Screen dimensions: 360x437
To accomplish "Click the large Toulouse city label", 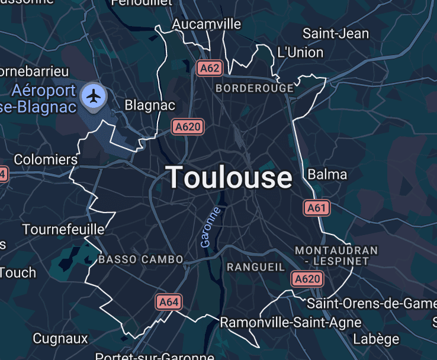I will (x=229, y=177).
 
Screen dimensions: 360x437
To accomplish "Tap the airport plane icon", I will (x=94, y=95).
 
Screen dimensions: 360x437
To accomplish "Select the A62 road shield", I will (x=210, y=68).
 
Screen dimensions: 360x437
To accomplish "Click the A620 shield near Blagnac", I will (x=188, y=126).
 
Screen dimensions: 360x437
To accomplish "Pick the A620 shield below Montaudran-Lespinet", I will (x=307, y=279).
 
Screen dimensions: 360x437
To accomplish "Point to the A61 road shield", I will (x=317, y=208).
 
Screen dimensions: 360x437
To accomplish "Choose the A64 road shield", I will (x=169, y=302).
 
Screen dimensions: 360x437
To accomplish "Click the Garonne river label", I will (x=210, y=227).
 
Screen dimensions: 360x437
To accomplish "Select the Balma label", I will (x=327, y=175).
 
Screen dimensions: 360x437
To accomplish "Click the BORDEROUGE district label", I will (x=255, y=88).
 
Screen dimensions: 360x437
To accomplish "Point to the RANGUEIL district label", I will (x=256, y=267).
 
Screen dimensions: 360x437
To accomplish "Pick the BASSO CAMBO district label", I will (x=141, y=259).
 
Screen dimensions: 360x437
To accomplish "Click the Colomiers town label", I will (x=46, y=160).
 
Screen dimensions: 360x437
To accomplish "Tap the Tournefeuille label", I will (x=63, y=229).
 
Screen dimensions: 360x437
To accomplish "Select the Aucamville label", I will (x=207, y=24).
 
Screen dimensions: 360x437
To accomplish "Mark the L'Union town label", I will (x=300, y=52).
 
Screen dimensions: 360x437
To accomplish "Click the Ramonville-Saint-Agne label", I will (x=290, y=323).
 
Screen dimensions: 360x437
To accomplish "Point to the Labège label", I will (x=376, y=339).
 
